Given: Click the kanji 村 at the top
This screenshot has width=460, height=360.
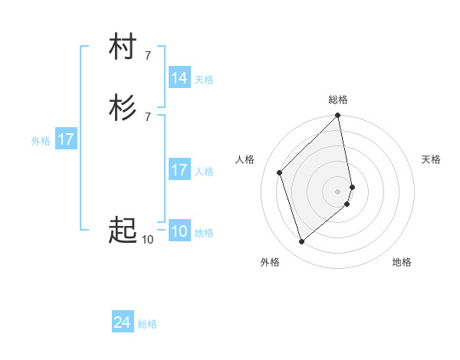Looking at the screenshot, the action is (123, 47).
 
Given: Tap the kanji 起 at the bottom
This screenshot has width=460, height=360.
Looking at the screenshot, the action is (123, 230).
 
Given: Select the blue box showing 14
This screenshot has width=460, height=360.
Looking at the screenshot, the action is (179, 78).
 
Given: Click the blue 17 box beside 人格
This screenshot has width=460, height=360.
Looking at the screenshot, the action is (179, 170).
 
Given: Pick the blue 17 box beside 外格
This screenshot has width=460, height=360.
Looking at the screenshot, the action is (66, 139).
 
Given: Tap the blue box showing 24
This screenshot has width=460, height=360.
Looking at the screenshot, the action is (123, 323).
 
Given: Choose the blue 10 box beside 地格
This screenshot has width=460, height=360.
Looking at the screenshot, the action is (179, 231).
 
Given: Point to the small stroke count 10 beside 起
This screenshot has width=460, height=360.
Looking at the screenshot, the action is (147, 240).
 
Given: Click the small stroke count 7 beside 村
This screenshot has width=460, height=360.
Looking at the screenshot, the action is (147, 54).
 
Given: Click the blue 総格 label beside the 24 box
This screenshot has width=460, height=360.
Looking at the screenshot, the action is (147, 324).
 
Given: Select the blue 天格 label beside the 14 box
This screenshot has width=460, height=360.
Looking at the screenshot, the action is (204, 79).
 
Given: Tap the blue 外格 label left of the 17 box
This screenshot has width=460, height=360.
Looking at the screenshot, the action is (41, 140).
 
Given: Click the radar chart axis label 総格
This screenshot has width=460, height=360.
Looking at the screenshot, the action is (338, 100).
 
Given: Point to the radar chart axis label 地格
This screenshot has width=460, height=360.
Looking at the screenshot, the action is (402, 262).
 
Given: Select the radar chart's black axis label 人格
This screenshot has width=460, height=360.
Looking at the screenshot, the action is (245, 159).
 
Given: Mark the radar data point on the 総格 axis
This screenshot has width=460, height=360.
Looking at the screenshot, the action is (338, 116).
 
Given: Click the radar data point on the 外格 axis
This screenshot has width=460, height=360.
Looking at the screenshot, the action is (301, 242).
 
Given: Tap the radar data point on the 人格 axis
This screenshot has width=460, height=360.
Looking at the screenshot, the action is (280, 172).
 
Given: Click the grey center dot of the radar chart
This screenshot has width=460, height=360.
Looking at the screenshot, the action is (338, 191).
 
